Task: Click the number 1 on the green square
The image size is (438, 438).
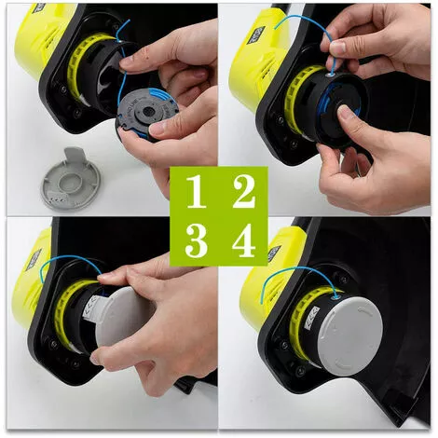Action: (x=197, y=191)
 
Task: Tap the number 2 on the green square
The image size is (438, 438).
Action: (x=244, y=190)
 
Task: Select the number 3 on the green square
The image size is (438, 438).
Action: (x=196, y=241)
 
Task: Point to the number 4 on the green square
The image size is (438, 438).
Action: (x=244, y=241)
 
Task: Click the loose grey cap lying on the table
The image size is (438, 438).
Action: (x=70, y=180)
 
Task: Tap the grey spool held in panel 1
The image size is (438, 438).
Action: (x=146, y=114)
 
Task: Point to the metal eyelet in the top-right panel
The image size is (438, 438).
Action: (x=331, y=75)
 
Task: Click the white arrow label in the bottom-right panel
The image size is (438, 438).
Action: (x=311, y=318)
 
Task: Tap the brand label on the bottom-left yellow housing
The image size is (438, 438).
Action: (x=34, y=259)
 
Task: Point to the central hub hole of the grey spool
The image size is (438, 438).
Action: (x=147, y=112)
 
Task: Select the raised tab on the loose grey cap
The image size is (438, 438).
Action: (x=75, y=154)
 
